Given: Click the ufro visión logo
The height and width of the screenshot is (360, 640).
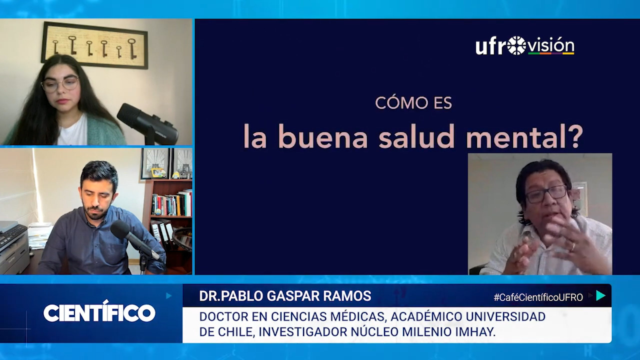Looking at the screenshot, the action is (x=525, y=45).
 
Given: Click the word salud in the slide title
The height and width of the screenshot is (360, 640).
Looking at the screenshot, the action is (x=416, y=136).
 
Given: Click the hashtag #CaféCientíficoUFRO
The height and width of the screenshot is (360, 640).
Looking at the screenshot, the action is (x=538, y=297).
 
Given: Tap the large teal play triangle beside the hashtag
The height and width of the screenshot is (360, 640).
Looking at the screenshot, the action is (x=600, y=295).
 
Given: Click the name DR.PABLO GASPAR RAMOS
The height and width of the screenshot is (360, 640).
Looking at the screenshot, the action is (x=285, y=296).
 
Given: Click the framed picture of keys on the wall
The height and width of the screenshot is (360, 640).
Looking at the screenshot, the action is (x=95, y=45).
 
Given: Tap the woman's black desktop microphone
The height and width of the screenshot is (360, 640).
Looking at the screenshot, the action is (x=147, y=124).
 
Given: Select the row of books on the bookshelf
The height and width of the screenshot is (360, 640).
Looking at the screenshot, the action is (x=171, y=203).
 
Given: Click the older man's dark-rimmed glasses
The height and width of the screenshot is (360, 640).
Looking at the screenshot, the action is (x=546, y=194).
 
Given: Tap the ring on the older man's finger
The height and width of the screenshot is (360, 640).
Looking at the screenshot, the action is (x=572, y=246).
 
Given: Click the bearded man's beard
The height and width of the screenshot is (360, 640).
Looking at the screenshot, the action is (x=95, y=212).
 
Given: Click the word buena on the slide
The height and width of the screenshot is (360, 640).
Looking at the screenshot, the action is (x=322, y=136).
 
